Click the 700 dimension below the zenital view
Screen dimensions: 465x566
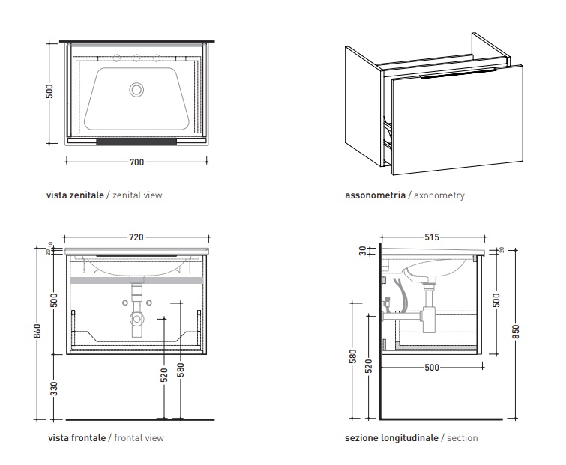coord(136,161)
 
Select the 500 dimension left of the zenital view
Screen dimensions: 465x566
coord(50,92)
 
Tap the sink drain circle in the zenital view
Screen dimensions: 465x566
coord(136,89)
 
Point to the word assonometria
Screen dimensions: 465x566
coord(374,195)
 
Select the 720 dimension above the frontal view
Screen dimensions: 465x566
coord(136,237)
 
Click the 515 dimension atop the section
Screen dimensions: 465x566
coord(431,237)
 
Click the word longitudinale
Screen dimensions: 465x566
coord(410,438)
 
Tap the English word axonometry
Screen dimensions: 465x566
coord(439,195)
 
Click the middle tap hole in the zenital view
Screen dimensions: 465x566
coord(136,58)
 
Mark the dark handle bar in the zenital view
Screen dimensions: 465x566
coord(136,140)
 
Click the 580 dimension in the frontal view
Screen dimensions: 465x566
coord(181,371)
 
